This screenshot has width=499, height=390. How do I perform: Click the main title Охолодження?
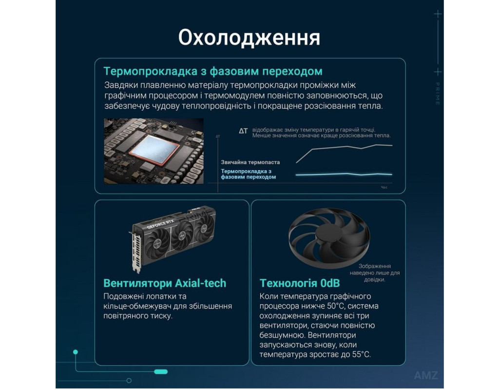click(249, 38)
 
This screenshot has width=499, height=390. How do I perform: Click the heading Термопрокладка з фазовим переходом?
click(213, 71)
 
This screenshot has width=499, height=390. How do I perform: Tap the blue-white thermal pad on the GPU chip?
click(154, 150)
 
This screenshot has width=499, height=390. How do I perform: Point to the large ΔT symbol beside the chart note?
click(243, 131)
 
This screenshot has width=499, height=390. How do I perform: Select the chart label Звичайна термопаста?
click(250, 162)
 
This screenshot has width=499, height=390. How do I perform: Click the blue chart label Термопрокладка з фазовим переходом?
click(249, 174)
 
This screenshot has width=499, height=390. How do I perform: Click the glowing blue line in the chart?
click(344, 174)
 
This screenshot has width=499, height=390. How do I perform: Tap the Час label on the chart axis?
click(384, 188)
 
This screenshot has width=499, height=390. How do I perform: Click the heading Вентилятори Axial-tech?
click(165, 283)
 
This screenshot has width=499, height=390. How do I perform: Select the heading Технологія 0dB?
click(300, 283)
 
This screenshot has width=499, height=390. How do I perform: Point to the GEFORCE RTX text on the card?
click(160, 224)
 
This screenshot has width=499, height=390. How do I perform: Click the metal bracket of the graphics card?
click(135, 252)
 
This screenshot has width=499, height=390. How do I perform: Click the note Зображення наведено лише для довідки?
click(375, 273)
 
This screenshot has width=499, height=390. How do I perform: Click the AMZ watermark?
click(426, 375)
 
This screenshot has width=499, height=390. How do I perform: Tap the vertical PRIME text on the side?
click(438, 94)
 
